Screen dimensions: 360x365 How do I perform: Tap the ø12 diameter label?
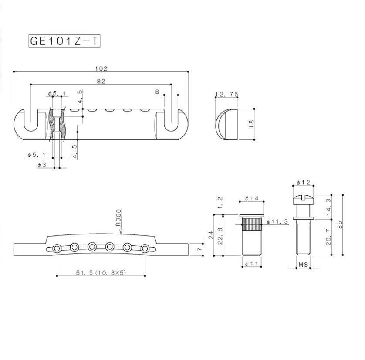[302, 182]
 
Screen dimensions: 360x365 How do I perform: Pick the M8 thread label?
[302, 265]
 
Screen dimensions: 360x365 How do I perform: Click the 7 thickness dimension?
[199, 249]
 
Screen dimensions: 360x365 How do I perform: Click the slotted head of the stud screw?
[302, 198]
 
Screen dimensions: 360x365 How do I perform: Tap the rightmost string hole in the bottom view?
[143, 248]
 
